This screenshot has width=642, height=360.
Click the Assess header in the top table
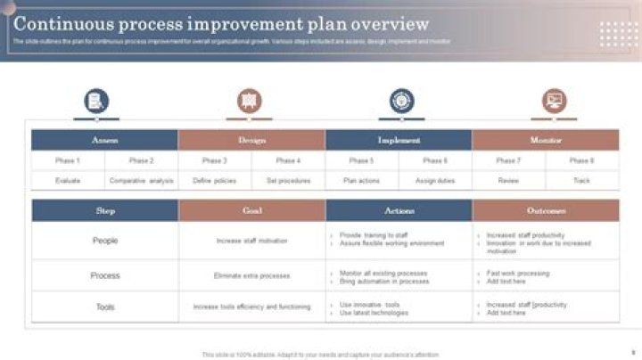click(104, 140)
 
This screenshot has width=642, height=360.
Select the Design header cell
click(251, 140)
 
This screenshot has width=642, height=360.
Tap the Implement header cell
click(399, 140)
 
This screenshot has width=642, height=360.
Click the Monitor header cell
click(546, 140)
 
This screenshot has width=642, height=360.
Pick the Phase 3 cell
click(214, 160)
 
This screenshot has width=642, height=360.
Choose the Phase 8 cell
click(581, 160)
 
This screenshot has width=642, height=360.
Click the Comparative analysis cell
click(141, 180)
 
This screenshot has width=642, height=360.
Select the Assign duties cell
click(435, 180)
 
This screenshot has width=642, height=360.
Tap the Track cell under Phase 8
click(581, 180)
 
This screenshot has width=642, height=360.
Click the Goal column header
click(251, 210)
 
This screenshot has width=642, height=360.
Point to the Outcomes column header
click(546, 210)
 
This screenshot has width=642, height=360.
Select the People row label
click(105, 241)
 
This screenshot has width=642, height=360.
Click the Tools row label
click(105, 307)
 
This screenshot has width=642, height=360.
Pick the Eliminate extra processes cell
click(251, 275)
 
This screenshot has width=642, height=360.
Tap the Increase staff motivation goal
click(251, 241)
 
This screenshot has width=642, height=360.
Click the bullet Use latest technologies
click(374, 313)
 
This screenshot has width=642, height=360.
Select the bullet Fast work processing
click(518, 273)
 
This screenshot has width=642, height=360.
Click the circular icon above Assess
click(96, 101)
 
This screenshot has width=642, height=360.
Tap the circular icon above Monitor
click(555, 101)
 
